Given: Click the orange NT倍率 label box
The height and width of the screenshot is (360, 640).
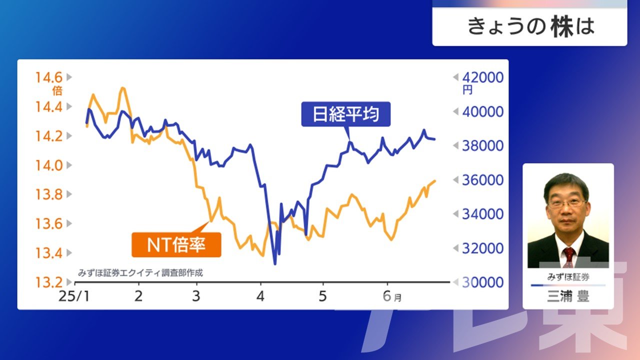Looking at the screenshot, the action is click(176, 245).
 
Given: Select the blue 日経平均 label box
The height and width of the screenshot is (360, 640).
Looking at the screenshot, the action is click(345, 114).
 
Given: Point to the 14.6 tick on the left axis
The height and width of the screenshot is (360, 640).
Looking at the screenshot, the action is click(48, 77).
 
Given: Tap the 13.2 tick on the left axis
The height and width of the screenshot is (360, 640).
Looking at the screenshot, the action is click(48, 282).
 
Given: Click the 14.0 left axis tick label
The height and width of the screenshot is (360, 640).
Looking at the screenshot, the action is click(48, 165).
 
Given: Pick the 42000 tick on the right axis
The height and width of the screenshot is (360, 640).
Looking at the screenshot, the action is click(483, 77).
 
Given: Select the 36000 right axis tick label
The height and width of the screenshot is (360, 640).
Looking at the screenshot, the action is click(483, 180).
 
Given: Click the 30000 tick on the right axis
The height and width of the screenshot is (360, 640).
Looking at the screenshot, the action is click(483, 282).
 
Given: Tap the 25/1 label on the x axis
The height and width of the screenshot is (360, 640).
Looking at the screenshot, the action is click(74, 296).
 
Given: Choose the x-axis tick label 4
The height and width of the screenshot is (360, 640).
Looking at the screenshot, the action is click(260, 296).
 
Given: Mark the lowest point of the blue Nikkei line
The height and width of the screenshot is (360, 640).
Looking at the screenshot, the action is click(275, 264).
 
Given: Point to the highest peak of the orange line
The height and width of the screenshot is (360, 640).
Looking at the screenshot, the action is click(123, 88).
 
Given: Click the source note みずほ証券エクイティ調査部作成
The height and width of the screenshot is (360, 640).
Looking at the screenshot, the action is click(140, 273).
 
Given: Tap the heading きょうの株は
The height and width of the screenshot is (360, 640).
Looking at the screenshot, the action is click(531, 26).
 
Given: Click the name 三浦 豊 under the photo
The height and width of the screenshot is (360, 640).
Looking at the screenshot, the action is click(568, 296).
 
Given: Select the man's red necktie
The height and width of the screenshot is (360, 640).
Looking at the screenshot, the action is click(569, 257).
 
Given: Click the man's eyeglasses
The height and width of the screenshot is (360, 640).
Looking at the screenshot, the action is click(567, 203).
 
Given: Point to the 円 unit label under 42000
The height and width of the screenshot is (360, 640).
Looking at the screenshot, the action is click(467, 90).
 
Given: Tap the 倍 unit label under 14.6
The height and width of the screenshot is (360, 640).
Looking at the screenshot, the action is click(57, 91).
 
